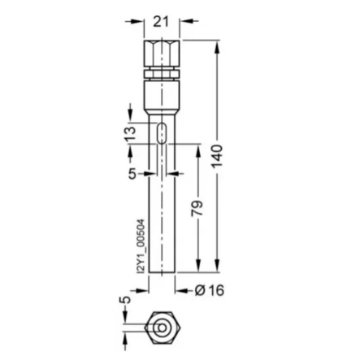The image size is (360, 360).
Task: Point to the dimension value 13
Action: pos(130,134)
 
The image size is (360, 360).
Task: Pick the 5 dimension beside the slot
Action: pos(132,172)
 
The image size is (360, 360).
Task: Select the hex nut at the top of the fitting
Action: pos(163,53)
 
